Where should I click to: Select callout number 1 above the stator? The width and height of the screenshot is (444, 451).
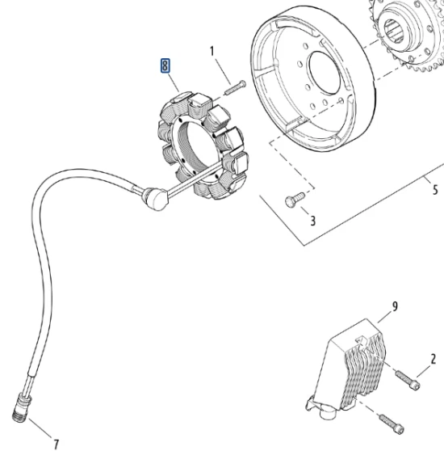214,53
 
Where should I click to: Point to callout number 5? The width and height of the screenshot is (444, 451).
434,191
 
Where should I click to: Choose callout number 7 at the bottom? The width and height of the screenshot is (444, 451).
56,442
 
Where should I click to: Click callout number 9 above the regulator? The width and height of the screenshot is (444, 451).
395,306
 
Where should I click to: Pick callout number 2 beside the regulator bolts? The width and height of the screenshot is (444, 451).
433,359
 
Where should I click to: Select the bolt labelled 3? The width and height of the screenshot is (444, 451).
292,197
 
